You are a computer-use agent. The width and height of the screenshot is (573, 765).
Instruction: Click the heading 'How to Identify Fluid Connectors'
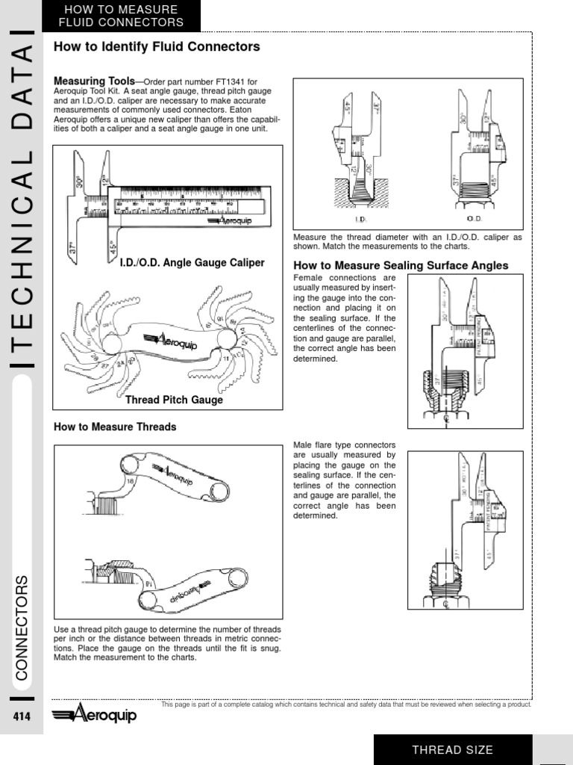point(157,47)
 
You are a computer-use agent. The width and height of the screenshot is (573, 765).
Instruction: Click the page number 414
point(22,717)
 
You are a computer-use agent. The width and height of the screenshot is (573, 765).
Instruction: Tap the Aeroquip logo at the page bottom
point(95,715)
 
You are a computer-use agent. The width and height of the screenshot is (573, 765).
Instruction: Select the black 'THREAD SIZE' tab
point(453,749)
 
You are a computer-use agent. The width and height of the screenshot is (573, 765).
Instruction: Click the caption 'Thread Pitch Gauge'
point(174,400)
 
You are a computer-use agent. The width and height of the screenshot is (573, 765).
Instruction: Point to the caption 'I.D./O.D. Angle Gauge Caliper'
point(192,263)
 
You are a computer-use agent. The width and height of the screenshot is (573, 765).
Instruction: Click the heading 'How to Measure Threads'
point(115,427)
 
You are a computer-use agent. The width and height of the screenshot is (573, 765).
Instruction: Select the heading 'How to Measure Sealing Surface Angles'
point(401,265)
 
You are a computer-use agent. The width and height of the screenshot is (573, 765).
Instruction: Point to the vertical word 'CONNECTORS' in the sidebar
point(22,628)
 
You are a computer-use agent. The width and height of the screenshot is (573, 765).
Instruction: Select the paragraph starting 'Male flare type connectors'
point(344,480)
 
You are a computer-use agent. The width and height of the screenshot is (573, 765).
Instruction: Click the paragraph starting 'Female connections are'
point(344,318)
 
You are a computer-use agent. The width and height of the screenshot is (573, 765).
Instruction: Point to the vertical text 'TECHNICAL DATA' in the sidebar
point(22,202)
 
